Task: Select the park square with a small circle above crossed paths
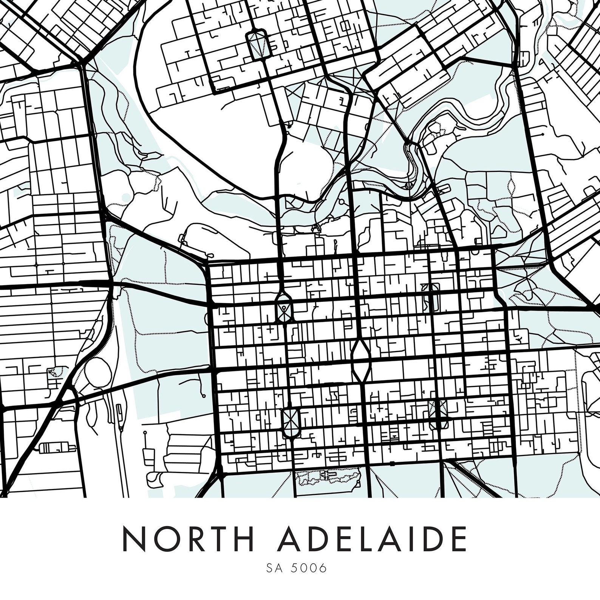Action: point(284,309)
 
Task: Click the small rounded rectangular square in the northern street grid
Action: point(257,44)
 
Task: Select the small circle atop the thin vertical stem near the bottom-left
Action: point(145,432)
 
